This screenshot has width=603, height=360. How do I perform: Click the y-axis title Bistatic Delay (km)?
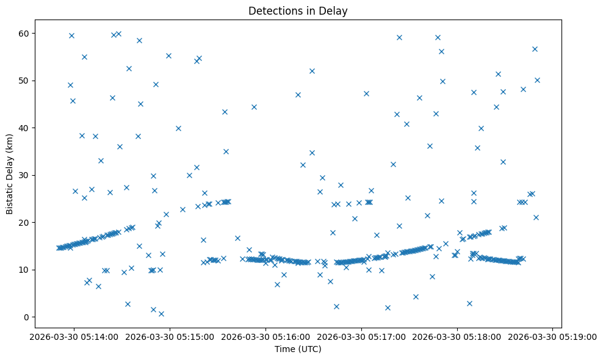pyautogui.click(x=10, y=175)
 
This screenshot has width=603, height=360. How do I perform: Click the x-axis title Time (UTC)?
pyautogui.click(x=298, y=349)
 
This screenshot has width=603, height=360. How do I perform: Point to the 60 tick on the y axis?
pyautogui.click(x=27, y=33)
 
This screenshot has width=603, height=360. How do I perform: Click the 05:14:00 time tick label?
pyautogui.click(x=74, y=336)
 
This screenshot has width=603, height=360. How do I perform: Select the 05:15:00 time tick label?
pyautogui.click(x=170, y=336)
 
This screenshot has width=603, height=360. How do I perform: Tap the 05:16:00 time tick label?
pyautogui.click(x=266, y=336)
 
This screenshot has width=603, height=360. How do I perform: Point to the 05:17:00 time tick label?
pyautogui.click(x=361, y=336)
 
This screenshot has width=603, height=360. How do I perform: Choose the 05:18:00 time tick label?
pyautogui.click(x=457, y=336)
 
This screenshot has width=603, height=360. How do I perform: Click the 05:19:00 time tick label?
pyautogui.click(x=552, y=336)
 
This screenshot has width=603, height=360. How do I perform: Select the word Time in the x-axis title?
pyautogui.click(x=284, y=349)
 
